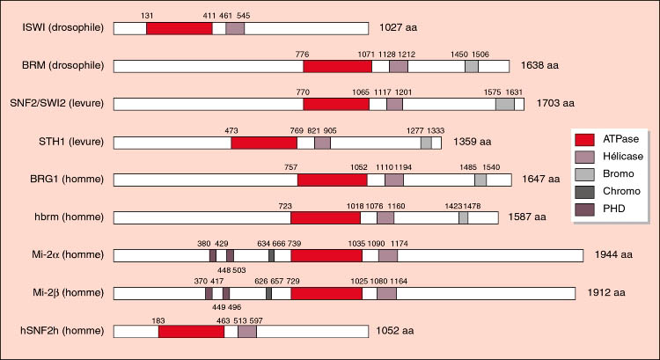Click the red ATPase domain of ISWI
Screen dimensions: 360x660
[x=179, y=28]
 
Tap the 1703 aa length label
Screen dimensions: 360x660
[x=550, y=104]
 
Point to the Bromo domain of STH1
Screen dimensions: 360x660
[x=426, y=142]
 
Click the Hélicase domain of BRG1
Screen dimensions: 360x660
[x=394, y=180]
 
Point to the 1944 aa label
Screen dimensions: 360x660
[x=613, y=255]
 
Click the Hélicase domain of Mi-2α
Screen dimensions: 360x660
[x=388, y=255]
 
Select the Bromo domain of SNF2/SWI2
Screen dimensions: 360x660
[x=505, y=104]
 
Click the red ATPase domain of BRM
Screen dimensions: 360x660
[x=337, y=66]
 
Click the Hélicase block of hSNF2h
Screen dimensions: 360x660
[x=247, y=331]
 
